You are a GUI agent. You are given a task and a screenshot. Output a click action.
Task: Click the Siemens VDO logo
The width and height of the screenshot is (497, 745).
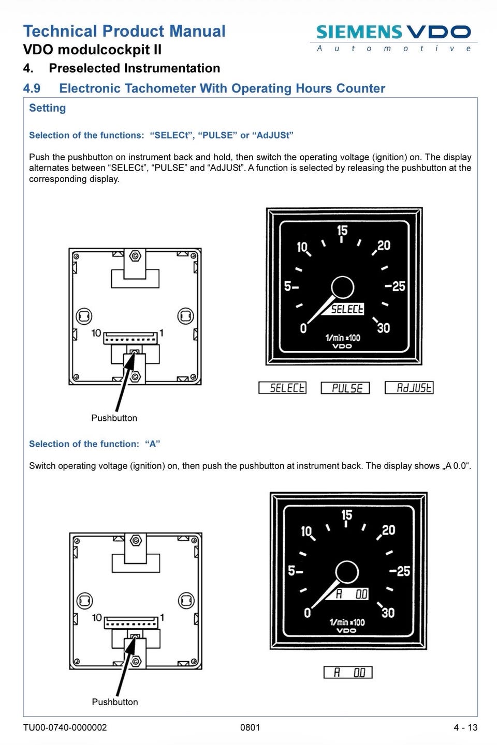393,38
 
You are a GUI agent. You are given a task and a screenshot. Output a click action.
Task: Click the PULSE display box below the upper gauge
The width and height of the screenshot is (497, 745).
345,388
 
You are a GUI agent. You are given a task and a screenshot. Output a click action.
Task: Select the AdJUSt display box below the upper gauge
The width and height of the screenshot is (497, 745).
409,387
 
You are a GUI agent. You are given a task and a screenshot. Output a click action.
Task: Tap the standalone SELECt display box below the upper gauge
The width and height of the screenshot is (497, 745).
283,388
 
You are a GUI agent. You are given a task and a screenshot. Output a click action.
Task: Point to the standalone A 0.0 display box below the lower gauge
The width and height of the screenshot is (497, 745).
348,673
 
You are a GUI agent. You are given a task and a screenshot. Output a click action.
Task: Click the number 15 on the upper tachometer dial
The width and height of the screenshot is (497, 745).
342,230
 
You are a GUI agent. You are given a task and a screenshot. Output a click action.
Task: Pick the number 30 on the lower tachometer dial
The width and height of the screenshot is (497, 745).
388,612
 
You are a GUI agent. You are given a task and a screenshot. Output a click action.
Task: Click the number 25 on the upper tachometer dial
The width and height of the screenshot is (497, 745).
399,286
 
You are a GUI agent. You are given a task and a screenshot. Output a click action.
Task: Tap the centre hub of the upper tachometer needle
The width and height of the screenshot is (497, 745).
342,287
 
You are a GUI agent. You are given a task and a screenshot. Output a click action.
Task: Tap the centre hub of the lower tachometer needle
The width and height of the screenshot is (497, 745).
347,572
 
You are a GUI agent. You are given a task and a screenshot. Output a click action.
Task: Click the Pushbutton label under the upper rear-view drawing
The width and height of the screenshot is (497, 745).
114,418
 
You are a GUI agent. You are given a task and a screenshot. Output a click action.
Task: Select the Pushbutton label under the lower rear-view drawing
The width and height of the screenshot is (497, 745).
115,702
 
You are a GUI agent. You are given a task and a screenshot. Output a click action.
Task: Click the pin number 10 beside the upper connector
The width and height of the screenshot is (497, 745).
96,333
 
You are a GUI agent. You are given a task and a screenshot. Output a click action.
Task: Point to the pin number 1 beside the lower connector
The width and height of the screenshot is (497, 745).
162,618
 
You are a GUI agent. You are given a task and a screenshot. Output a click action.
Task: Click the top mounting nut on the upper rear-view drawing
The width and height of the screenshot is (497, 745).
135,256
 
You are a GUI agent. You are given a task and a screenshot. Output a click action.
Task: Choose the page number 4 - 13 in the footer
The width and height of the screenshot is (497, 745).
465,728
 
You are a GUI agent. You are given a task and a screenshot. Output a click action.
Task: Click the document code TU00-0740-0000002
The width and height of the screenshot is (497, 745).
65,728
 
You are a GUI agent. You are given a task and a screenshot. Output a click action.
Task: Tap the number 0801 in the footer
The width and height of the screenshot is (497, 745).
250,728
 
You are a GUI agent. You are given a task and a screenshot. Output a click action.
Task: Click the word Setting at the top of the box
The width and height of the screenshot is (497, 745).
47,108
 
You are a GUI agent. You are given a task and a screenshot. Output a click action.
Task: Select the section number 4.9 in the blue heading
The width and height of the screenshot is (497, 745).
32,88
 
